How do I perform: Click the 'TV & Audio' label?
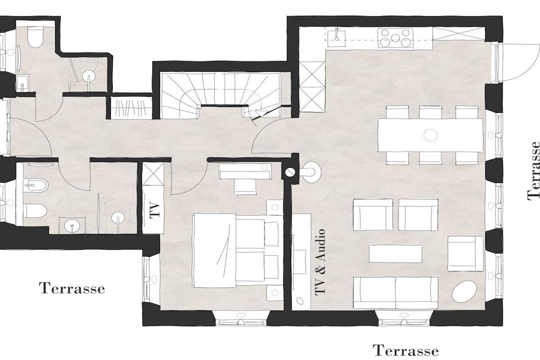(x=320, y=261)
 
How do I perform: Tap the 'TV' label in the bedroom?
(x=156, y=210)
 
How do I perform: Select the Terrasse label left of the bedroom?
(x=72, y=288)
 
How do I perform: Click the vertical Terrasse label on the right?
(x=534, y=170)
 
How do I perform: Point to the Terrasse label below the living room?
(x=406, y=351)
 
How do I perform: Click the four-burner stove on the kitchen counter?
(x=396, y=38)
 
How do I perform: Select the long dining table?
(x=430, y=135)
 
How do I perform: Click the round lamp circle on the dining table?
(x=430, y=135)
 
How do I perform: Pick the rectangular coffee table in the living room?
(x=396, y=254)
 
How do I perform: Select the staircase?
(x=220, y=95)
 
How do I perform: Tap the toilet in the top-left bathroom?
(x=35, y=38)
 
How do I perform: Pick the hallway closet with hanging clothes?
(x=131, y=108)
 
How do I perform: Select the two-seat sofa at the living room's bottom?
(x=396, y=293)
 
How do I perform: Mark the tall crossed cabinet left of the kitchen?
(x=312, y=87)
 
